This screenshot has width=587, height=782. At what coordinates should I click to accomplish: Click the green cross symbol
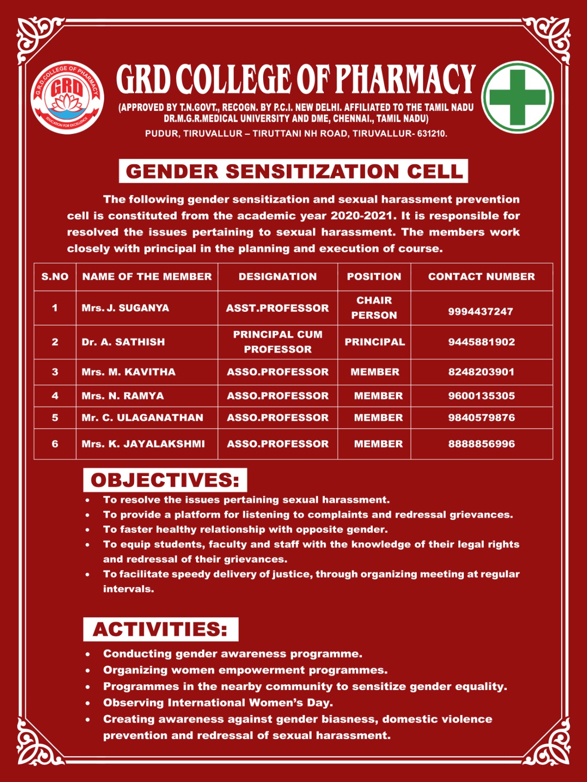point(517,97)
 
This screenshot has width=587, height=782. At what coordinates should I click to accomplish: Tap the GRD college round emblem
point(67,97)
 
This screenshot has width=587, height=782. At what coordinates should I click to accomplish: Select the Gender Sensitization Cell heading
point(293,171)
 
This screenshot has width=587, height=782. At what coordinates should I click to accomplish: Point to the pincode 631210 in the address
point(431,133)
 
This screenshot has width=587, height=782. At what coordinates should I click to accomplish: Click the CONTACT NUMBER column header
point(481,277)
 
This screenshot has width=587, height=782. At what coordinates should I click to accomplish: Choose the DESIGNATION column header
point(277,277)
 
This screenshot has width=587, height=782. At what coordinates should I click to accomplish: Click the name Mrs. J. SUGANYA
point(125,308)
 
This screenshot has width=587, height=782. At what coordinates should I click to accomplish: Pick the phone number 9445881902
point(481,342)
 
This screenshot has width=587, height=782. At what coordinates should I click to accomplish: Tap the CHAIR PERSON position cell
point(374,307)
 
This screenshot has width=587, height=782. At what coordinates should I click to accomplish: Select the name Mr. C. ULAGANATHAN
point(142,418)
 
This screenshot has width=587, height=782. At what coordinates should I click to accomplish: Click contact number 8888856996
point(481,444)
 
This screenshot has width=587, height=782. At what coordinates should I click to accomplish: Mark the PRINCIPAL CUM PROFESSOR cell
point(277,342)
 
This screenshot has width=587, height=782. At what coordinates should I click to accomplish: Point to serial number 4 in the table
point(55,396)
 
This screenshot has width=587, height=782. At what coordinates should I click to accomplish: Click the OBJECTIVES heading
point(165,480)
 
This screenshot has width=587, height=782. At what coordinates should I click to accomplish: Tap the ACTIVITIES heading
point(160,630)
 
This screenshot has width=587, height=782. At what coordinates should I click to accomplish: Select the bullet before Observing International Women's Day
point(88,703)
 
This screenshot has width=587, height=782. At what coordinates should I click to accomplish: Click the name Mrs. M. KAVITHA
point(128,372)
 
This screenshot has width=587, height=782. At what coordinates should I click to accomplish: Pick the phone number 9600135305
point(481,396)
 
